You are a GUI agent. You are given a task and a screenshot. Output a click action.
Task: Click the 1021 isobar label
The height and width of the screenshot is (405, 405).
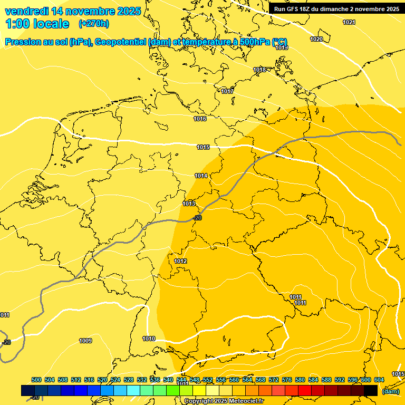349,22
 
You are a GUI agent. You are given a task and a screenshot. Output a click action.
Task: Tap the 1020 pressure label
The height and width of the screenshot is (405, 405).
316,40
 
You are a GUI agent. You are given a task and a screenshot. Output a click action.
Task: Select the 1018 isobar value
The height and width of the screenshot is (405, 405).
259,70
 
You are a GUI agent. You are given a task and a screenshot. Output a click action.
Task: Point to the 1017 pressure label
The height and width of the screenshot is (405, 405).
227,92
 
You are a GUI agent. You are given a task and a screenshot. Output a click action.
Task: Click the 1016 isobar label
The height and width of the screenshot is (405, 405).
200,119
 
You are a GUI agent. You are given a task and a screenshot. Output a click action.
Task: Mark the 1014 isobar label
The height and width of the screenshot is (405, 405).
201,176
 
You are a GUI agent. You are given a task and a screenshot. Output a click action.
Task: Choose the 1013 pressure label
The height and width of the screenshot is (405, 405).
189,204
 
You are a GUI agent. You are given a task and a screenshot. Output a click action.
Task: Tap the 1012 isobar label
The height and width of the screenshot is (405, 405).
180,262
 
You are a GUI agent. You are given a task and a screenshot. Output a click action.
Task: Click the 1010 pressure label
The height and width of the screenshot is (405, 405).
149,339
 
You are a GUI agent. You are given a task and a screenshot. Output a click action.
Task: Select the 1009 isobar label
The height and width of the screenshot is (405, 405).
85,341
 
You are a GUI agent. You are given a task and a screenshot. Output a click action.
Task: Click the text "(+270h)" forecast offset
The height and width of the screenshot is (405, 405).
93,24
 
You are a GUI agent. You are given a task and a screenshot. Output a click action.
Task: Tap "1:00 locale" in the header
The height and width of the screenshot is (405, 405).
37,24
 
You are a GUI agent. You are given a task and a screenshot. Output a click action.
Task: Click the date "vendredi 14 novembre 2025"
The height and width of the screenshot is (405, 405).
73,11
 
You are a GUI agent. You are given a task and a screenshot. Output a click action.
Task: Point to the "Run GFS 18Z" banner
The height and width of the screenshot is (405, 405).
336,8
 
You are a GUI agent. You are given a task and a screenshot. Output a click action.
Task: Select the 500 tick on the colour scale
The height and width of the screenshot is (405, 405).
36,380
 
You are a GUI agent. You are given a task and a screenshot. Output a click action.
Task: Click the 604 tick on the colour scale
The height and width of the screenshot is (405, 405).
379,380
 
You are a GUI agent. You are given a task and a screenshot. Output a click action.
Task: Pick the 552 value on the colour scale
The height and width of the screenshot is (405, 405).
208,380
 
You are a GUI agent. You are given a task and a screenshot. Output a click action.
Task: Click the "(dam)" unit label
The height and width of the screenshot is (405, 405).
390,391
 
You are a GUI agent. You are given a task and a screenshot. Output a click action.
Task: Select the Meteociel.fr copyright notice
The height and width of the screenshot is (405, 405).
224,401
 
